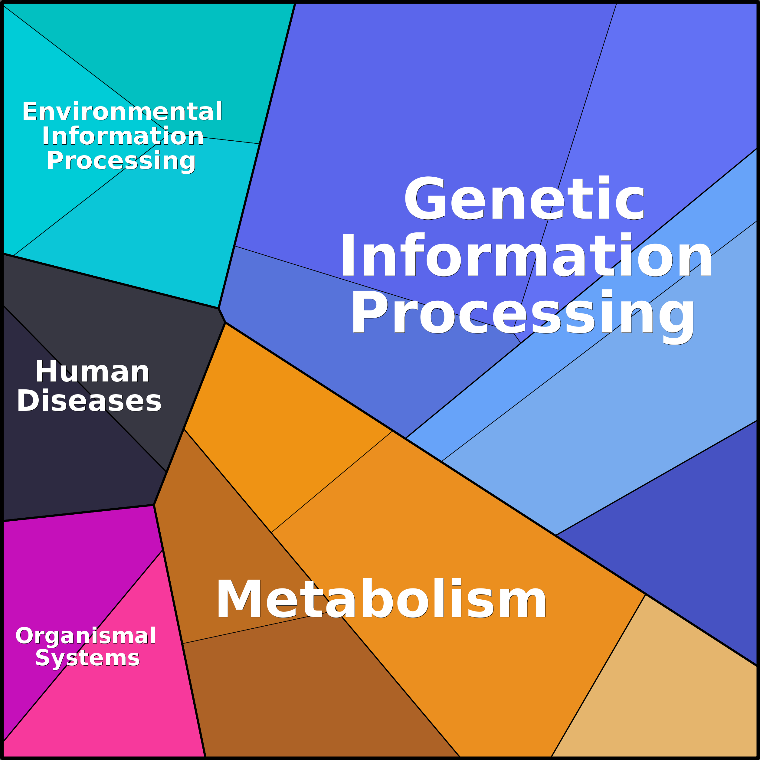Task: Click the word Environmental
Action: click(122, 111)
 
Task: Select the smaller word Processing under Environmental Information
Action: click(121, 161)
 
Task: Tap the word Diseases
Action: click(89, 401)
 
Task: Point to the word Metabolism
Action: click(381, 599)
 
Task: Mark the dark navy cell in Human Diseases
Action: click(67, 452)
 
